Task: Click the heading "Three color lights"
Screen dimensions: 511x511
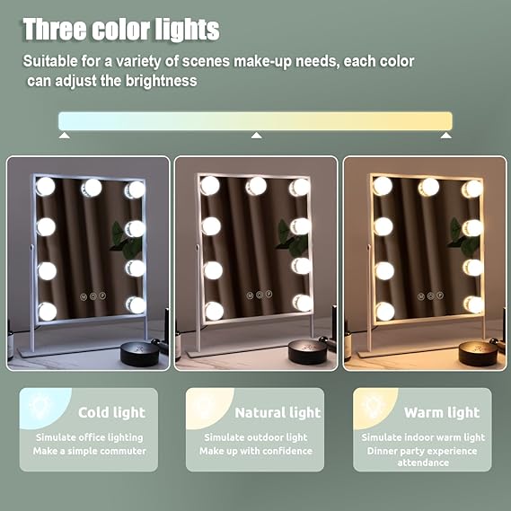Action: [x=121, y=30]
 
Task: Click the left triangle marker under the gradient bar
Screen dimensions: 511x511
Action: [x=64, y=135]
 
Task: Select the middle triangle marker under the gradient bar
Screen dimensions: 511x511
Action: [x=257, y=135]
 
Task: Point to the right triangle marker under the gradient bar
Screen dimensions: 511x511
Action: [x=446, y=135]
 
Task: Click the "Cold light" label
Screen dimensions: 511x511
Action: [x=111, y=412]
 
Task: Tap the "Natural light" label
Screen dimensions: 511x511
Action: [x=278, y=412]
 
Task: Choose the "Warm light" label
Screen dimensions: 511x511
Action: [x=442, y=412]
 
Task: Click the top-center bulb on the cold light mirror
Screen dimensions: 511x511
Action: [x=92, y=188]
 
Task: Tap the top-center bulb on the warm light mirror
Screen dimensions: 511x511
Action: [x=428, y=188]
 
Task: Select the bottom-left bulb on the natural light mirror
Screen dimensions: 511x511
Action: [x=214, y=311]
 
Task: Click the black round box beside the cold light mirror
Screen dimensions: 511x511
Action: [x=140, y=354]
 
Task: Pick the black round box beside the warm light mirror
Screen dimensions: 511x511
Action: [x=478, y=353]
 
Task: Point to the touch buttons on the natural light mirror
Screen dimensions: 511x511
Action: [x=260, y=295]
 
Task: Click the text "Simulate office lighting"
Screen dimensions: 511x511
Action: [x=89, y=437]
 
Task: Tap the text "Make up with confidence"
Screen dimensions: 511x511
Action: [x=256, y=451]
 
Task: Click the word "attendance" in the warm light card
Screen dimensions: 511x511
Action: [x=423, y=463]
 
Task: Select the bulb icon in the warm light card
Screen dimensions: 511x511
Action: [x=373, y=406]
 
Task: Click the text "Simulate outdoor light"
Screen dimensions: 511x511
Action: [x=256, y=437]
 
